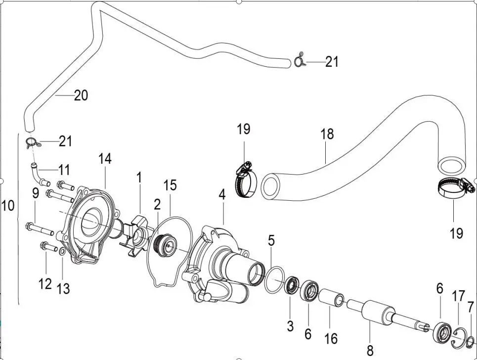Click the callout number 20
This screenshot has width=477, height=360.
[x=81, y=95]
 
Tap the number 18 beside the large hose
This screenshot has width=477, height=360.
[x=327, y=134]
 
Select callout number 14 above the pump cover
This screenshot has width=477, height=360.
[x=105, y=159]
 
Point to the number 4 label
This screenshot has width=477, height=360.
[x=222, y=195]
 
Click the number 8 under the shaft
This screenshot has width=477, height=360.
[x=370, y=350]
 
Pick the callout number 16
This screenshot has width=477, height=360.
[x=331, y=339]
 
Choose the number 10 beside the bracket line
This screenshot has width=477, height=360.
[x=8, y=206]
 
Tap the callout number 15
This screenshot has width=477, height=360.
[x=170, y=185]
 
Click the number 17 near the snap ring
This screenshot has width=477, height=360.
[x=458, y=296]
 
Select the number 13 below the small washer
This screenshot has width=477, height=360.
[x=63, y=288]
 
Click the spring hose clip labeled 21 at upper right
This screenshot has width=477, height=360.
[x=299, y=61]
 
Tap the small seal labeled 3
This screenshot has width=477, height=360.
[x=291, y=286]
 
